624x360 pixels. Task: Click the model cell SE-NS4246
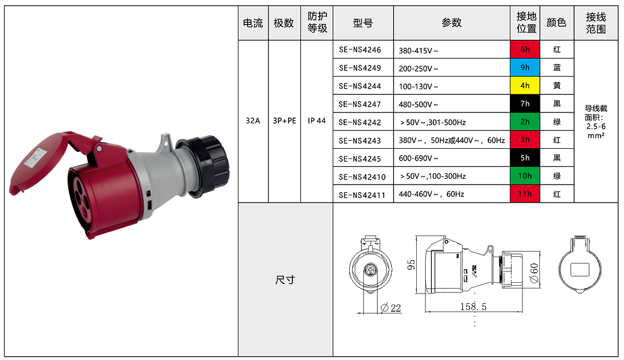(x=360, y=50)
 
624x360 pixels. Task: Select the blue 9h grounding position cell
(x=525, y=68)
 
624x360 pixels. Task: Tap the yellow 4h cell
(x=525, y=86)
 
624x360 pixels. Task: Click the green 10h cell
(x=525, y=176)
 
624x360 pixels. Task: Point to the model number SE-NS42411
(x=362, y=195)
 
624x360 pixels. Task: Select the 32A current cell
(x=253, y=120)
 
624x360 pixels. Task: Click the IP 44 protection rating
(x=316, y=120)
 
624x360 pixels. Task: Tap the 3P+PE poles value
(x=284, y=120)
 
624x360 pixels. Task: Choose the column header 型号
(x=363, y=23)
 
